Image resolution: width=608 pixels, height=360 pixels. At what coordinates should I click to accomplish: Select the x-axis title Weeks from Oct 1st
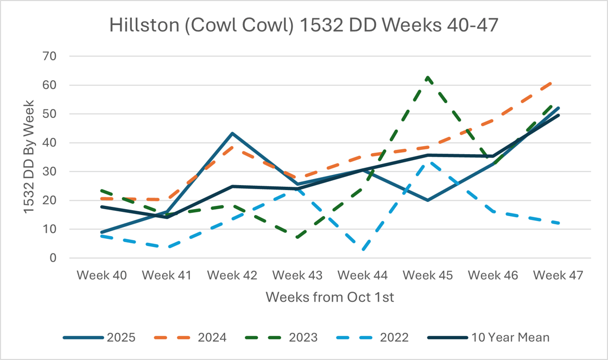(330, 298)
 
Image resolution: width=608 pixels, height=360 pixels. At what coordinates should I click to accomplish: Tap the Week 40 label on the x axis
(102, 275)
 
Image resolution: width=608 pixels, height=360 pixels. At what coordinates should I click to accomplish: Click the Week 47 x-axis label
(558, 275)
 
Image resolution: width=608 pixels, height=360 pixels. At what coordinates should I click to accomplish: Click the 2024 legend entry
(190, 337)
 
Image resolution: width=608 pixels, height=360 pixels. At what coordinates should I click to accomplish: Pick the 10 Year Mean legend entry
(488, 337)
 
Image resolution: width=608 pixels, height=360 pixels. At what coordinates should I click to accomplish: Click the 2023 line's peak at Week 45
(428, 77)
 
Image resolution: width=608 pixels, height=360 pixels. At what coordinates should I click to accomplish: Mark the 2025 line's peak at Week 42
(232, 133)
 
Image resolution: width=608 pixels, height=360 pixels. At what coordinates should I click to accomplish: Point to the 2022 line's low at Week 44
(363, 250)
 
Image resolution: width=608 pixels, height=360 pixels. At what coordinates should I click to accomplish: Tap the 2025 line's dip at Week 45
(428, 200)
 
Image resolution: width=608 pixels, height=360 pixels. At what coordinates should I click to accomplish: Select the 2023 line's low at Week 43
(297, 238)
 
